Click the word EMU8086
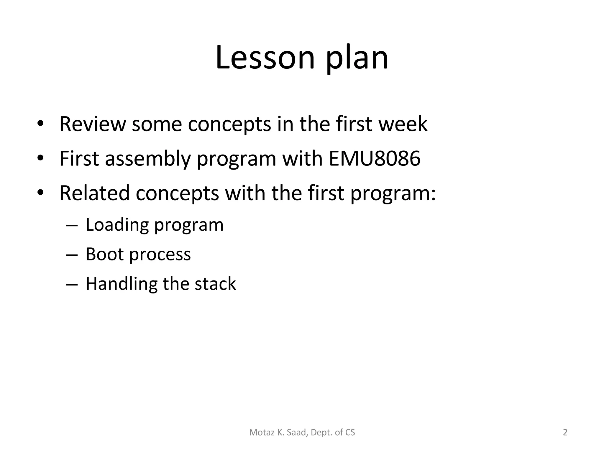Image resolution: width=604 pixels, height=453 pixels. pos(374,159)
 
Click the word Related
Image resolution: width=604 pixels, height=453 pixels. pos(94,193)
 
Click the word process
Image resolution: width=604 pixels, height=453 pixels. pos(160,255)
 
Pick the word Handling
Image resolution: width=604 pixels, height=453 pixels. pos(121,284)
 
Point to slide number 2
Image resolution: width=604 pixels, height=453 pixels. pos(565,432)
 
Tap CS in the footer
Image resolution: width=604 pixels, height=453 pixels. pos(350,432)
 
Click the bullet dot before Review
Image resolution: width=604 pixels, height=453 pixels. pos(40,124)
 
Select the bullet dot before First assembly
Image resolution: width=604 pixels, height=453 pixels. pos(40,158)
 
